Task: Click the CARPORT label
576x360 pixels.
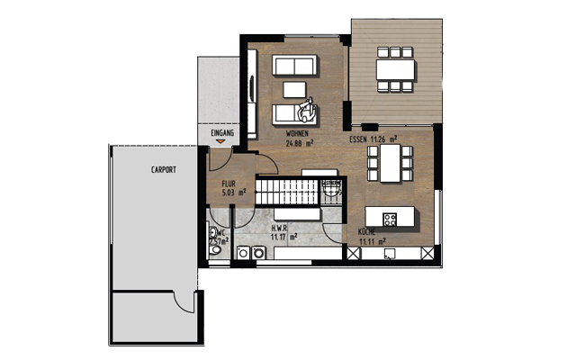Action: (163, 169)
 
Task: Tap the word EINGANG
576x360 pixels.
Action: (222, 133)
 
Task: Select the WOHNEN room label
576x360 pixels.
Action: (298, 134)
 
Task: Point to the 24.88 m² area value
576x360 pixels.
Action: (298, 142)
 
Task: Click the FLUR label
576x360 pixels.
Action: (229, 183)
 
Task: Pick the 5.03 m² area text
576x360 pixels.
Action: (231, 191)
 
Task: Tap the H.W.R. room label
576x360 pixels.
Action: (280, 229)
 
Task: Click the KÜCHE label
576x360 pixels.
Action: (367, 232)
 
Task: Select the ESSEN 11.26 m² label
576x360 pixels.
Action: (374, 140)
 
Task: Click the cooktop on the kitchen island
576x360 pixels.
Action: (391, 219)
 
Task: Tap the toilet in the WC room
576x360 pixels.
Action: (215, 251)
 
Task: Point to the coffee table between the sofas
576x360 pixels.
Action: (295, 88)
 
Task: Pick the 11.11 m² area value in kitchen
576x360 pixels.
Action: (372, 241)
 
